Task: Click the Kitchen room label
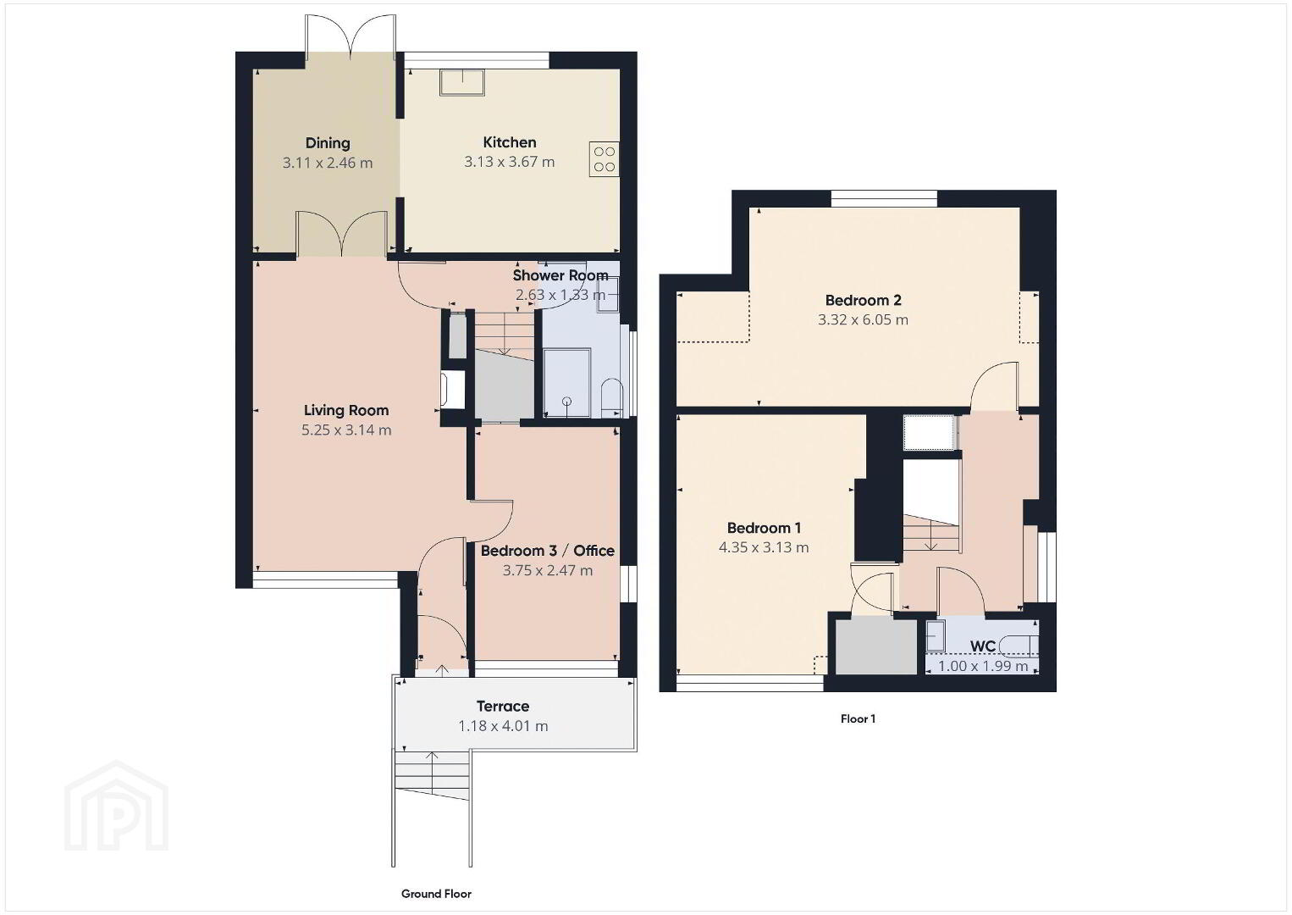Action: click(x=510, y=142)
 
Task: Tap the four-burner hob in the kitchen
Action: click(x=604, y=158)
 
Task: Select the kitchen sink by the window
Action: click(x=462, y=82)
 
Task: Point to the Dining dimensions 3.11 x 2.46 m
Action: click(x=327, y=163)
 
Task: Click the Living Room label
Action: click(x=346, y=410)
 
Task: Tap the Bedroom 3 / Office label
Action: click(x=548, y=551)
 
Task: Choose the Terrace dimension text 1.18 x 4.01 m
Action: click(x=503, y=726)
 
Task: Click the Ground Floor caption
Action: click(x=436, y=894)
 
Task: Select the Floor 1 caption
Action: click(x=858, y=718)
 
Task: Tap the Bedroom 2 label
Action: click(x=863, y=300)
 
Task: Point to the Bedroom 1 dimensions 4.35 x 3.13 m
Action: click(x=764, y=547)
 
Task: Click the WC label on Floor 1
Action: click(x=983, y=646)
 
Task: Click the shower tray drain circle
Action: click(x=567, y=402)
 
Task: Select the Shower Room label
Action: click(x=560, y=275)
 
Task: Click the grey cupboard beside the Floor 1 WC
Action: click(x=876, y=645)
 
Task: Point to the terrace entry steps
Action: click(x=432, y=775)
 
